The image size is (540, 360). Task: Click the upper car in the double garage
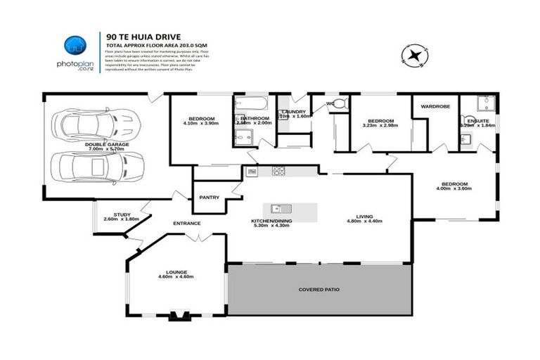pyautogui.click(x=94, y=125)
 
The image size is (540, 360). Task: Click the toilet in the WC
pyautogui.click(x=340, y=104)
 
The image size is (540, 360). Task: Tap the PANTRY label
pyautogui.click(x=210, y=198)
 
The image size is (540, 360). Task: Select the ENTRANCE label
pyautogui.click(x=187, y=224)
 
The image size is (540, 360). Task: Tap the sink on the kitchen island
pyautogui.click(x=278, y=208)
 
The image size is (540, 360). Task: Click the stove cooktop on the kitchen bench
pyautogui.click(x=278, y=171)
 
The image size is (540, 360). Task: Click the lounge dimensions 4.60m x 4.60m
pyautogui.click(x=175, y=277)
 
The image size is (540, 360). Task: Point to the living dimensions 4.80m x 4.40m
pyautogui.click(x=364, y=221)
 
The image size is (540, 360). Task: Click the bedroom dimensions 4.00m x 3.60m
pyautogui.click(x=452, y=188)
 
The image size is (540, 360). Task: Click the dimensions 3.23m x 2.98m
pyautogui.click(x=380, y=125)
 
